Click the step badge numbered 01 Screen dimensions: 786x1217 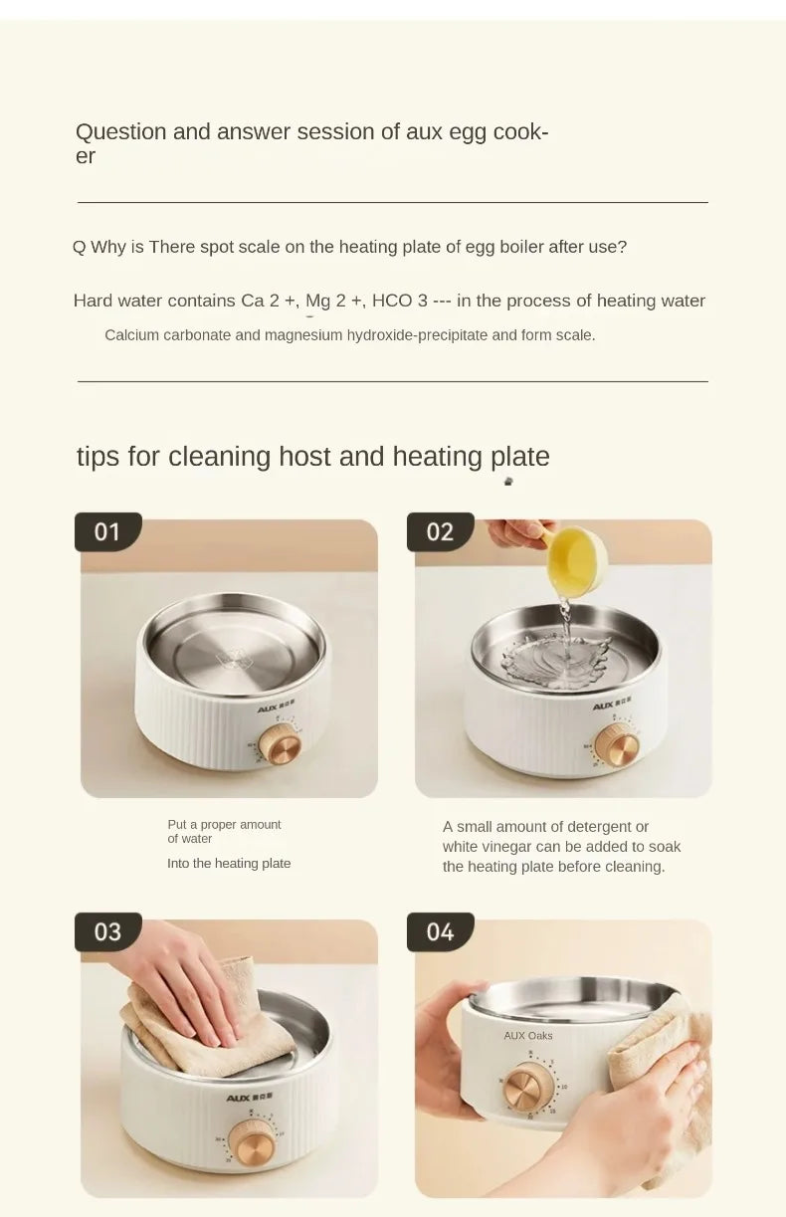(x=108, y=532)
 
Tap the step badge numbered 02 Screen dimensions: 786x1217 (x=440, y=532)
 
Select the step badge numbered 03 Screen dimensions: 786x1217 (x=108, y=931)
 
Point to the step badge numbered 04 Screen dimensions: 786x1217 (x=440, y=931)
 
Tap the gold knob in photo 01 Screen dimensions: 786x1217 (x=280, y=745)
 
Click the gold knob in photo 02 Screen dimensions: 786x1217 (x=617, y=745)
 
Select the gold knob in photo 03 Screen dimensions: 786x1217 (x=251, y=1141)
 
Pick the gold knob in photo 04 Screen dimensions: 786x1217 (x=528, y=1088)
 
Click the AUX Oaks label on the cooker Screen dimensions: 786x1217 (x=528, y=1036)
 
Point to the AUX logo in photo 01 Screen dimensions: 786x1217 (x=276, y=709)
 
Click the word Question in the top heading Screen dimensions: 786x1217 (x=121, y=132)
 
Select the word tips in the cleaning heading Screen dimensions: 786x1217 (x=98, y=457)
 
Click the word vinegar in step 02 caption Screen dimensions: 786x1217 (x=506, y=847)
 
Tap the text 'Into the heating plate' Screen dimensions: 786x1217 (x=229, y=864)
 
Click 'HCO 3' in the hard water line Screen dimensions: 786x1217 (x=400, y=301)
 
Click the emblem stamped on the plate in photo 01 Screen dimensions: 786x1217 (x=234, y=659)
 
